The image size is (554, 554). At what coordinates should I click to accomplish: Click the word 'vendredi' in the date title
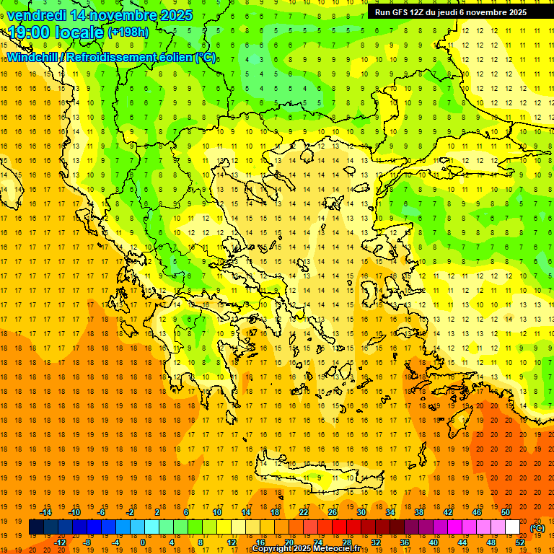point(40,15)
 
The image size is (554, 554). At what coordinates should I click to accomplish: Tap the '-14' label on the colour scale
point(45,512)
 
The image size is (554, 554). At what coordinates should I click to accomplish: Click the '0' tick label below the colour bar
point(143,542)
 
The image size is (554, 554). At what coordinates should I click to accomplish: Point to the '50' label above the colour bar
point(505,512)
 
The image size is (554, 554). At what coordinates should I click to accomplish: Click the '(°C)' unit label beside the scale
point(537,528)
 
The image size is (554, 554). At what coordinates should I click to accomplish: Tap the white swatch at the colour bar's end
point(513,527)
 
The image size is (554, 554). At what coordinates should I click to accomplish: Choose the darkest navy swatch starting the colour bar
point(36,527)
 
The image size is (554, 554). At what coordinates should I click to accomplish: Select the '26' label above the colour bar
point(333,512)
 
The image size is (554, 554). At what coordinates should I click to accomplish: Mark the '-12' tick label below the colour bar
point(60,542)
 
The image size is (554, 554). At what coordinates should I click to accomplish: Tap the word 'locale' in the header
point(81,32)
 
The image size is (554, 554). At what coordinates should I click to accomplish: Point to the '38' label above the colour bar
point(419,512)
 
